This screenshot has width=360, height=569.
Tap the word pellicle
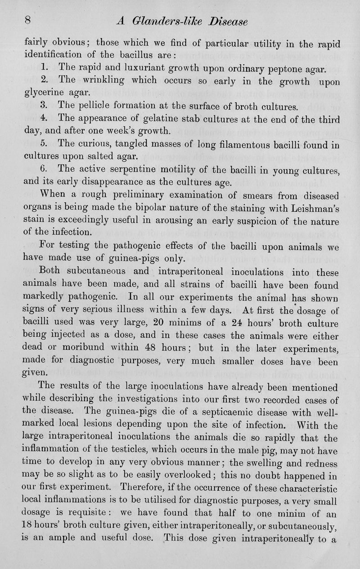tap(95, 108)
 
